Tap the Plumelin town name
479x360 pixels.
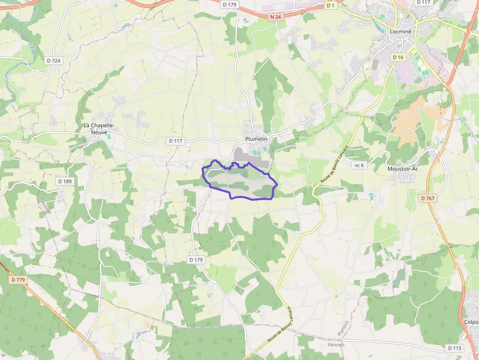tap(256, 139)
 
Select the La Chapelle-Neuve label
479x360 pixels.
tap(99, 128)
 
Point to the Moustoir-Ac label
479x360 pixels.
tap(403, 169)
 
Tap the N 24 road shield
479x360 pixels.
tap(276, 17)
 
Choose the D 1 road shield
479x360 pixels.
tap(331, 5)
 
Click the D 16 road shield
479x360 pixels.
tap(398, 57)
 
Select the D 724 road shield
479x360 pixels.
tap(54, 61)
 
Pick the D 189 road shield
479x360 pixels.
tap(65, 181)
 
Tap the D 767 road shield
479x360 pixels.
tap(428, 198)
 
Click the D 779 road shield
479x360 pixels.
tap(17, 280)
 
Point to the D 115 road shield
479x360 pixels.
tap(455, 348)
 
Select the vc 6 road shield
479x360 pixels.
tap(359, 165)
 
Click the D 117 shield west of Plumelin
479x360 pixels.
tap(175, 141)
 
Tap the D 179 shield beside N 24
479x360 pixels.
tap(229, 4)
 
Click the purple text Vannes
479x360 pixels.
tap(336, 344)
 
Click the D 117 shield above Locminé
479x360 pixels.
tap(423, 2)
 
